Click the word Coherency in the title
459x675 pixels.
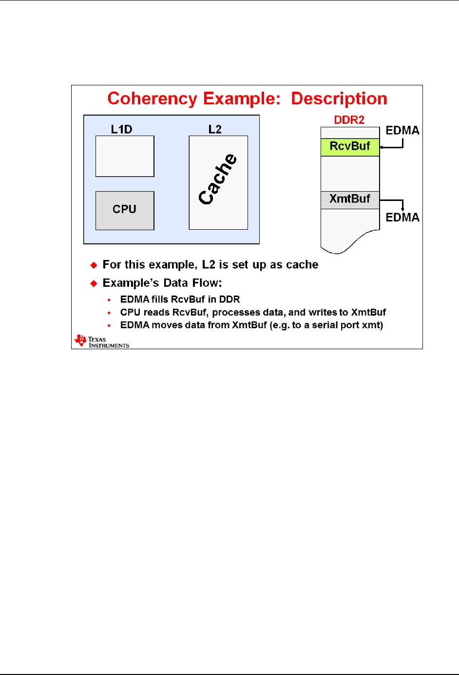pyautogui.click(x=153, y=99)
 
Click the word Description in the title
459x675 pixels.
pyautogui.click(x=339, y=99)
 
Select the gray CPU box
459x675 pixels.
pyautogui.click(x=125, y=210)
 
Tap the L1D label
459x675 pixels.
pyautogui.click(x=121, y=129)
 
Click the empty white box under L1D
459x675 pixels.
pyautogui.click(x=125, y=156)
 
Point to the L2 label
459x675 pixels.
pyautogui.click(x=215, y=129)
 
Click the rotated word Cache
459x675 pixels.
pyautogui.click(x=218, y=179)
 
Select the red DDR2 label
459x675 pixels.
pyautogui.click(x=349, y=120)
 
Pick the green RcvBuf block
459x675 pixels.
pyautogui.click(x=350, y=147)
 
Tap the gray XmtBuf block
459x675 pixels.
pyautogui.click(x=350, y=199)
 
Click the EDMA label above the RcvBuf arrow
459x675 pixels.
pyautogui.click(x=402, y=131)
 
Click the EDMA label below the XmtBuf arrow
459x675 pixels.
pyautogui.click(x=402, y=218)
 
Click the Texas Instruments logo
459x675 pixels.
pyautogui.click(x=102, y=341)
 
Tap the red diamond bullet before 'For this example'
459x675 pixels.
pyautogui.click(x=94, y=265)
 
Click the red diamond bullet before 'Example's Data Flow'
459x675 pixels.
pyautogui.click(x=94, y=283)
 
